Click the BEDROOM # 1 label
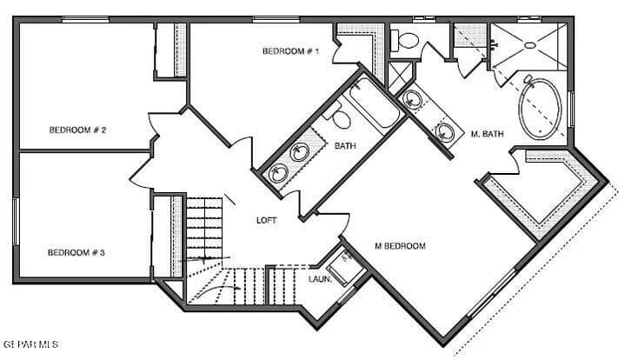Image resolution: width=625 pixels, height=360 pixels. click(x=291, y=52)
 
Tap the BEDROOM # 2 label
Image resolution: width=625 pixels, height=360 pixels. click(x=77, y=130)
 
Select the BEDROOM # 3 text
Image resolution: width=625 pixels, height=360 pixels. click(x=76, y=253)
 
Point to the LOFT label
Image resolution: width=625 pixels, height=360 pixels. click(x=266, y=221)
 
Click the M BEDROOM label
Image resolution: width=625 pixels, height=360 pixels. click(x=400, y=246)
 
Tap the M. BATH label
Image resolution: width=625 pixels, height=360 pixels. click(x=487, y=134)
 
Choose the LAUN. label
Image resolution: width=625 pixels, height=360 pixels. click(x=320, y=279)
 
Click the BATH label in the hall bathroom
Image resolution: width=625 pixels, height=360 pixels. click(x=345, y=146)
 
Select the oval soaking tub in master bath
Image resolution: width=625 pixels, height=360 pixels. click(x=542, y=110)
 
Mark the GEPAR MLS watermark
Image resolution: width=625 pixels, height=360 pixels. click(x=30, y=344)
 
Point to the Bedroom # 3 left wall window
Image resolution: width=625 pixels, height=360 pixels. click(x=15, y=221)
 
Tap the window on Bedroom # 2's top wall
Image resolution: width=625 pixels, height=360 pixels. click(x=85, y=19)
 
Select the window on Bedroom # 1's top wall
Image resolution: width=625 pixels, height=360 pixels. click(x=276, y=19)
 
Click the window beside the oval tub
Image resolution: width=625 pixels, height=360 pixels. click(x=570, y=110)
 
